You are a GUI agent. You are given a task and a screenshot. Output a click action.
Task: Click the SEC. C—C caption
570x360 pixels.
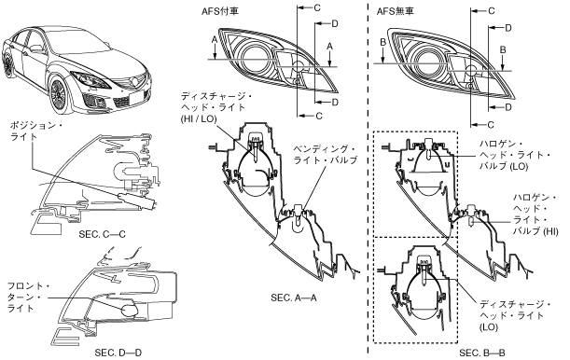coord(102,234)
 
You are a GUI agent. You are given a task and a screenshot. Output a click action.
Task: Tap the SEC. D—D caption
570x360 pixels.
coord(118,353)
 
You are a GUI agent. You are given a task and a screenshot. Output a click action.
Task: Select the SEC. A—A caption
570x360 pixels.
coord(294,298)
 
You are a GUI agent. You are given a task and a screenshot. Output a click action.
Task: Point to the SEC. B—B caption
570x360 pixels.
coord(482,353)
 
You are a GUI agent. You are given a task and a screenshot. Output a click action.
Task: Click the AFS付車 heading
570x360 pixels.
coord(220,11)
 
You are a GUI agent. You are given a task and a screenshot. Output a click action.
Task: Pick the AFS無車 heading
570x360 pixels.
coord(396,11)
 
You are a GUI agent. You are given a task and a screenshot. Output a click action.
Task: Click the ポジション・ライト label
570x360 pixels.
coord(36,132)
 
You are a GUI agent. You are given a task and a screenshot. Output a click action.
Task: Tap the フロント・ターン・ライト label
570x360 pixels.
coord(28,298)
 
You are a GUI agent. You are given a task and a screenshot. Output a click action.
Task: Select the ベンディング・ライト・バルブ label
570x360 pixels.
coord(326,155)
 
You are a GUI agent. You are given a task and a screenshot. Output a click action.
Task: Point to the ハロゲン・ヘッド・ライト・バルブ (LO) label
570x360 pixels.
coord(515,155)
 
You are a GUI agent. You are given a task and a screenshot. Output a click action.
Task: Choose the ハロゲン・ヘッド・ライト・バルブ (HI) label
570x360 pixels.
coord(535,215)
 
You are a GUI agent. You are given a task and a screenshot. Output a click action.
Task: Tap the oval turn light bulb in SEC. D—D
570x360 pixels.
coord(129,311)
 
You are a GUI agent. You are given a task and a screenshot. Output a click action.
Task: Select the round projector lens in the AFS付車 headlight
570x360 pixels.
coord(256,58)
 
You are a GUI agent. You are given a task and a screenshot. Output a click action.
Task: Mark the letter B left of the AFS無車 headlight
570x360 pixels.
coord(382,42)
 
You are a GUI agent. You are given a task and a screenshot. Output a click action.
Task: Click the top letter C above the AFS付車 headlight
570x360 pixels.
coord(317,7)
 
